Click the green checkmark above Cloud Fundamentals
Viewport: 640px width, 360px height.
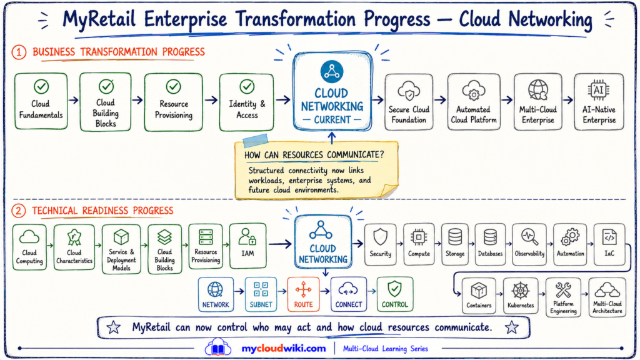tap(41, 86)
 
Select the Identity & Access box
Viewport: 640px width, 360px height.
tap(246, 102)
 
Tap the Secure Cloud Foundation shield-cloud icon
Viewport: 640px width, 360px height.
tap(409, 91)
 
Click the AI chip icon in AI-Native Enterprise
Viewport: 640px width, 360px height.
tap(598, 90)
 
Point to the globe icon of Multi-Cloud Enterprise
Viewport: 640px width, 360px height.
tap(538, 90)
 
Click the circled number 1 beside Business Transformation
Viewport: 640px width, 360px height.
tap(19, 52)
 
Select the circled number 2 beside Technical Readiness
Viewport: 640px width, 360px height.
tap(18, 211)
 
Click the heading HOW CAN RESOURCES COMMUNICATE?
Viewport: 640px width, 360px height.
tap(314, 155)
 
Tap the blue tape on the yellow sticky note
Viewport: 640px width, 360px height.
tap(256, 140)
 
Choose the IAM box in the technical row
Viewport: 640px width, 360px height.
tap(247, 246)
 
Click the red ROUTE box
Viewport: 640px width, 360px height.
tap(303, 294)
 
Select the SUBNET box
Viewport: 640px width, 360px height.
tap(261, 294)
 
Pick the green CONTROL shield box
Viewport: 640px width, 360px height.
tap(395, 294)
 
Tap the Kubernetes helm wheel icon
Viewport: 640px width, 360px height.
tap(521, 291)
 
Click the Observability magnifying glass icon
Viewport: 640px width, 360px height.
tap(529, 237)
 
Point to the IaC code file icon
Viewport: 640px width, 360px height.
tap(609, 237)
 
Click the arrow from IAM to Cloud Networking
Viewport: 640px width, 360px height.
tap(280, 244)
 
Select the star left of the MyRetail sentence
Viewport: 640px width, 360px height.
tap(114, 327)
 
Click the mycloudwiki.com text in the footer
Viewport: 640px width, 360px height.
tap(284, 349)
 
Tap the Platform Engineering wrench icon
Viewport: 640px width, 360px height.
tap(563, 290)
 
